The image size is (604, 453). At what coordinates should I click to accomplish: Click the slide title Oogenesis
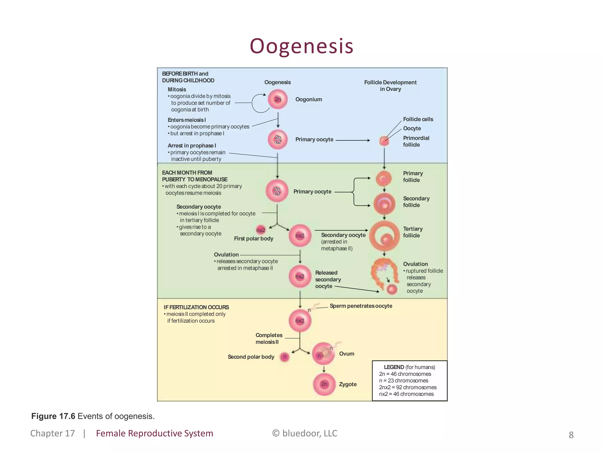pyautogui.click(x=301, y=46)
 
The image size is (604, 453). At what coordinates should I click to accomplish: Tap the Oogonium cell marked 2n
pyautogui.click(x=278, y=99)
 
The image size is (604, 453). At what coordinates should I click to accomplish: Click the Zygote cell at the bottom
pyautogui.click(x=324, y=384)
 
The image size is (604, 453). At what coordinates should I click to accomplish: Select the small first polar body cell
pyautogui.click(x=260, y=230)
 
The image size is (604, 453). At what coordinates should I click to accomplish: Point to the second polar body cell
pyautogui.click(x=285, y=357)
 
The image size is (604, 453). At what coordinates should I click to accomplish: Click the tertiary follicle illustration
pyautogui.click(x=384, y=236)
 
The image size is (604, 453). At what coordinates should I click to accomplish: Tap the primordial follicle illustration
pyautogui.click(x=384, y=141)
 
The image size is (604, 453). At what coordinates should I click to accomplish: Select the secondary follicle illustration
pyautogui.click(x=384, y=204)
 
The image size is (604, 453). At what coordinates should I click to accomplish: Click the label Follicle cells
pyautogui.click(x=418, y=119)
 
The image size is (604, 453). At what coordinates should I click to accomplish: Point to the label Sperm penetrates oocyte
pyautogui.click(x=361, y=306)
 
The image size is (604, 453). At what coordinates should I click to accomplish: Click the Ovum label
pyautogui.click(x=347, y=354)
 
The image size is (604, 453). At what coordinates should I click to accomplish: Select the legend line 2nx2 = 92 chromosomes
pyautogui.click(x=408, y=387)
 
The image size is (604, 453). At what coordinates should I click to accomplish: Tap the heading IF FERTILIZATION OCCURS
pyautogui.click(x=196, y=307)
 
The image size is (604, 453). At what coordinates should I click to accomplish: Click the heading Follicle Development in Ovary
pyautogui.click(x=390, y=86)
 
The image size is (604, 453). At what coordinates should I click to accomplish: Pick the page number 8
pyautogui.click(x=571, y=435)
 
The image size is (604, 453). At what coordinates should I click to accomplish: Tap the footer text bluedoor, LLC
pyautogui.click(x=309, y=433)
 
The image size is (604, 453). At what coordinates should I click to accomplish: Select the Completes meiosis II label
pyautogui.click(x=269, y=339)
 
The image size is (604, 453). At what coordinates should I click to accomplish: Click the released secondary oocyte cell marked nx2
pyautogui.click(x=300, y=276)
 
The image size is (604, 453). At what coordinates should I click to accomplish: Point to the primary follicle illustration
pyautogui.click(x=383, y=178)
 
